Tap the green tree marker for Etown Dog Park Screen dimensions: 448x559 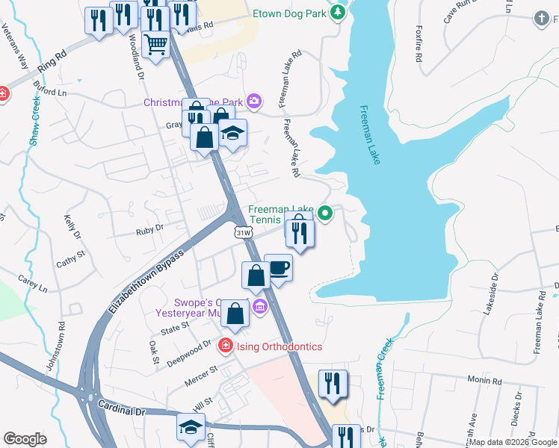338,12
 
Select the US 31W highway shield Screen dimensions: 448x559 243,233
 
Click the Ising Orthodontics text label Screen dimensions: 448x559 279,346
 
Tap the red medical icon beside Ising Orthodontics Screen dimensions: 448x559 225,346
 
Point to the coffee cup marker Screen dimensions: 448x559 279,267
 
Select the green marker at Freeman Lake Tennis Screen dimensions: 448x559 325,214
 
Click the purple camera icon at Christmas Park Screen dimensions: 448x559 254,101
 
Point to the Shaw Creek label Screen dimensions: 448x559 35,119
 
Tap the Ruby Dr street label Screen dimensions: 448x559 149,231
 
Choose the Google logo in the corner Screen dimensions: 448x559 25,439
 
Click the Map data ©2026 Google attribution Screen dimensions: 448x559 512,442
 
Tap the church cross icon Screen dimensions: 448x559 542,17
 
